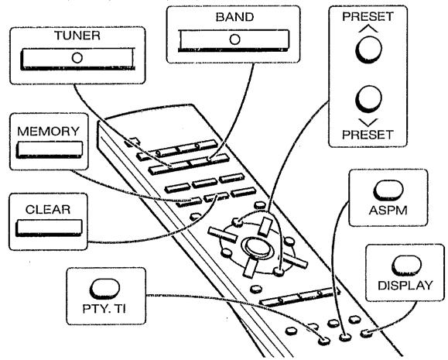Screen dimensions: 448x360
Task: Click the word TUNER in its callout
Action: coord(77,36)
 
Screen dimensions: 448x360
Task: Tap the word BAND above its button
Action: coord(234,17)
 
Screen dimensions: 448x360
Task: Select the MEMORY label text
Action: coord(48,132)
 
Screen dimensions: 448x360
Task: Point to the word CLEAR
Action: coord(48,210)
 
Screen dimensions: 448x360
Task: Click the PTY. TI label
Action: coord(104,309)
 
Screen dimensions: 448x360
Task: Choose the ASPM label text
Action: coord(388,211)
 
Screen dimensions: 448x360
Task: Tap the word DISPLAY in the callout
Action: coord(405,286)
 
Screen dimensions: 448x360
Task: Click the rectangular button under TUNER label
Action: coord(77,59)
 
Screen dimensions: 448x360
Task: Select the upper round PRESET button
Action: coord(368,50)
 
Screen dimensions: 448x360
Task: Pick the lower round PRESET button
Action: coord(368,99)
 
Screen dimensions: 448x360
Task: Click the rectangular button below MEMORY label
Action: coord(50,149)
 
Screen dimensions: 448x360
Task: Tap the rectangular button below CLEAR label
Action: coord(50,228)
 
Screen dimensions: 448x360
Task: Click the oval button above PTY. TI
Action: coord(104,289)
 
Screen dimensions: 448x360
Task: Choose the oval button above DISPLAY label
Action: coord(406,266)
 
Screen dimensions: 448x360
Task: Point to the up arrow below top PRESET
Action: coord(368,29)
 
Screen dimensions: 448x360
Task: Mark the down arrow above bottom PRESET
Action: coord(368,122)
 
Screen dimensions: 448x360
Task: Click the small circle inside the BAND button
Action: coord(234,39)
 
